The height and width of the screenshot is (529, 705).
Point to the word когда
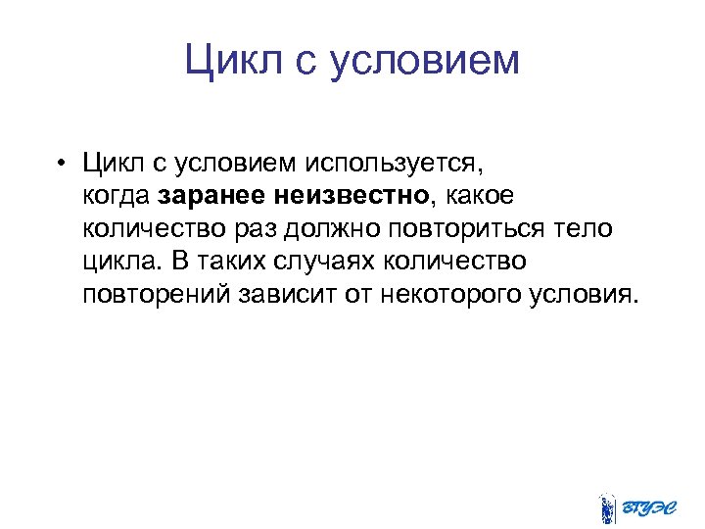[116, 195]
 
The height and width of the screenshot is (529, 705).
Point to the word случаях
[313, 262]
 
